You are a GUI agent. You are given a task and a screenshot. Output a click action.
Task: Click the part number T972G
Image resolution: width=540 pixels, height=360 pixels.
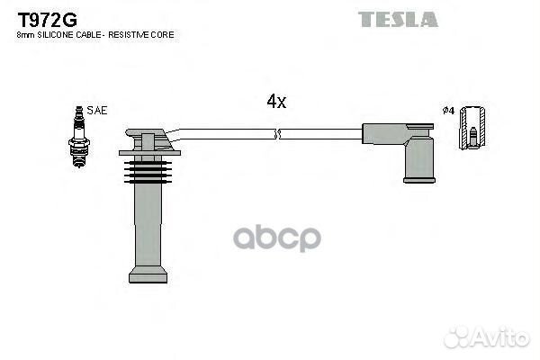coord(48,20)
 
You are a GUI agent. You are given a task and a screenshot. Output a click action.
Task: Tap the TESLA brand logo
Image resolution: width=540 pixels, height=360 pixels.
coord(398,19)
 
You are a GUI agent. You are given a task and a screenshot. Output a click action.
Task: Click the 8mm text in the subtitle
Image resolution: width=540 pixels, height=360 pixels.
coord(25,35)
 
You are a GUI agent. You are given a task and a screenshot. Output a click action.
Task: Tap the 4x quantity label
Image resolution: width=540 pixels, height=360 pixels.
coord(276,102)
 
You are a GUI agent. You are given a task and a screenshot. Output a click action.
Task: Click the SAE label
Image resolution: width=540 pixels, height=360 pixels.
coord(97,110)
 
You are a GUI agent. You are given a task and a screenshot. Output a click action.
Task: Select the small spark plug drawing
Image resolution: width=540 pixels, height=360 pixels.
coord(79,137)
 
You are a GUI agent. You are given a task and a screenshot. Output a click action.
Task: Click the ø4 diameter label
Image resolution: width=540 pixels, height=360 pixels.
coord(448,111)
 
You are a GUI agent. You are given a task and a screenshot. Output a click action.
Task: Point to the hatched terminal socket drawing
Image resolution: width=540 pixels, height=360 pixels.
coord(472,128)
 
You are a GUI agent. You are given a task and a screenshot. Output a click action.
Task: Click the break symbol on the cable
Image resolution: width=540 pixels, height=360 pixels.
coord(277,134)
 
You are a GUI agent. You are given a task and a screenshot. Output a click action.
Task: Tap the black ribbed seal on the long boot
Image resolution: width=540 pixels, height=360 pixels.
coord(148,172)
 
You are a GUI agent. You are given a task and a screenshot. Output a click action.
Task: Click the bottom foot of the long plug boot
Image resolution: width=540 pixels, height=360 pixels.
coord(148,277)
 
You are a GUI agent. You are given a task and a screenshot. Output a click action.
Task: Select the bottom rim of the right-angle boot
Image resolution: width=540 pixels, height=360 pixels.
coord(419,180)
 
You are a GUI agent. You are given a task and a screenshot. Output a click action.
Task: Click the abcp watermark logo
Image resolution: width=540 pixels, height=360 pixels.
coord(277,238)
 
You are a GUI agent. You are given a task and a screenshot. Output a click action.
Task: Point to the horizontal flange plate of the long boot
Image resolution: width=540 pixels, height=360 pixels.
coord(149,153)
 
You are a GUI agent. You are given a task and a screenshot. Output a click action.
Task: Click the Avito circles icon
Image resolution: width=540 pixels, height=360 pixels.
coord(457,337)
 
